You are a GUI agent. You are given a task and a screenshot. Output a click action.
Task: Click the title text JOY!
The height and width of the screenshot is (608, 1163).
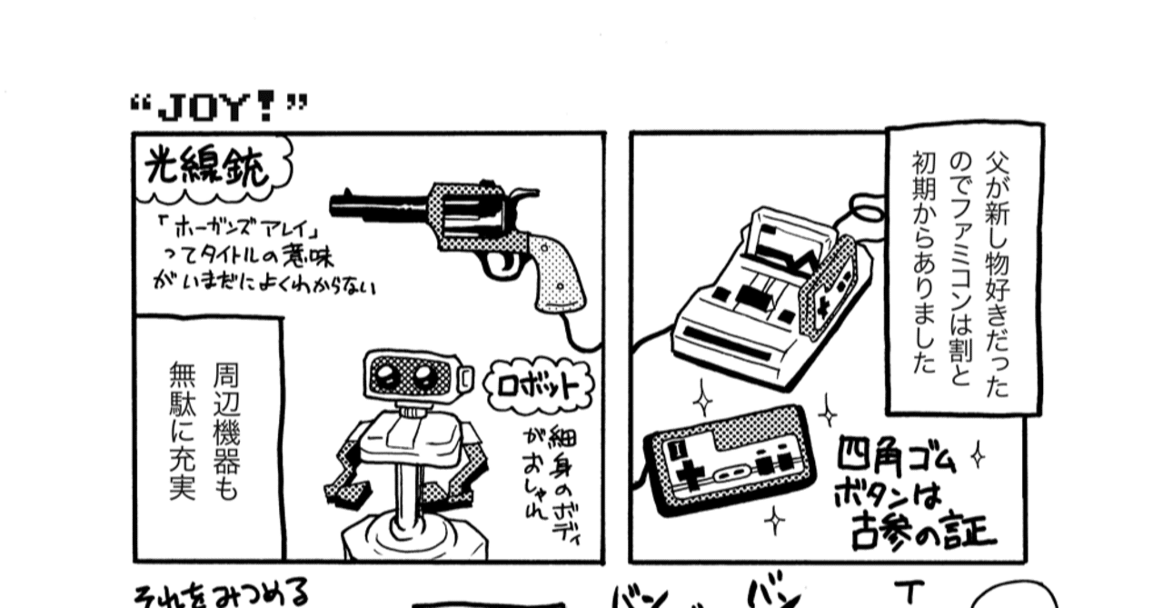click(218, 107)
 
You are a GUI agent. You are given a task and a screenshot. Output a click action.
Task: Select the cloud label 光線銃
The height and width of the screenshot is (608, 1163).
click(207, 170)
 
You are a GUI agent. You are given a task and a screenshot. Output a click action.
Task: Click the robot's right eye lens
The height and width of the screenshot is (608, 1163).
click(425, 374)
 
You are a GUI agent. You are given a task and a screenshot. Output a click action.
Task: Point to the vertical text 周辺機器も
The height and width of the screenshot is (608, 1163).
click(227, 431)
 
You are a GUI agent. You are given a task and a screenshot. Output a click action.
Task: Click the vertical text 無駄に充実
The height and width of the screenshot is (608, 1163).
click(182, 431)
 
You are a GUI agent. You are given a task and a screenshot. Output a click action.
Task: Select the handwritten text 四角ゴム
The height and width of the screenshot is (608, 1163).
click(896, 457)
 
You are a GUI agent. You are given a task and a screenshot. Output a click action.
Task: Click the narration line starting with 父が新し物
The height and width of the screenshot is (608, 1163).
click(997, 273)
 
